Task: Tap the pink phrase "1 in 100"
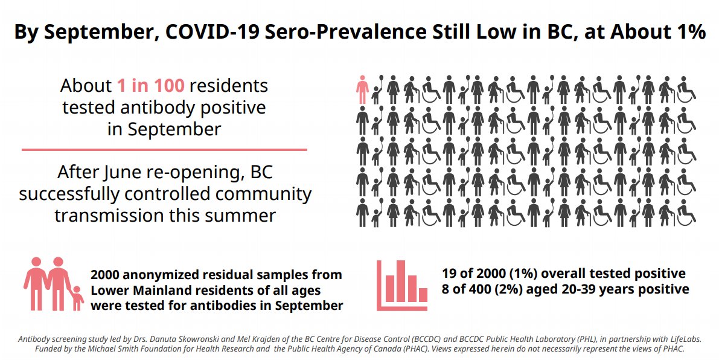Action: (150, 86)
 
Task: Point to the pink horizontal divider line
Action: (164, 149)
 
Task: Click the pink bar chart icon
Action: (403, 286)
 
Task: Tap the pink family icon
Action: (53, 284)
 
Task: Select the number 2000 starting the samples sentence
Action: (107, 275)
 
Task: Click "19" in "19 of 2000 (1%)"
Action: (450, 274)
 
